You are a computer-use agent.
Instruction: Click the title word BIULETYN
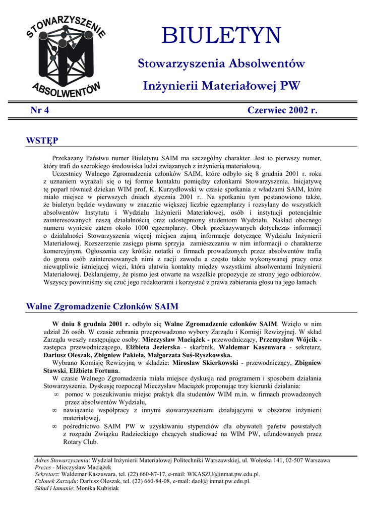221,35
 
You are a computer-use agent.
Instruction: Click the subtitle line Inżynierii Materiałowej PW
221,86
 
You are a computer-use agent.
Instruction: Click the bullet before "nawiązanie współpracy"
55,411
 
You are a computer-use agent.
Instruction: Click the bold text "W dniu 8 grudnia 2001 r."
91,324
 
